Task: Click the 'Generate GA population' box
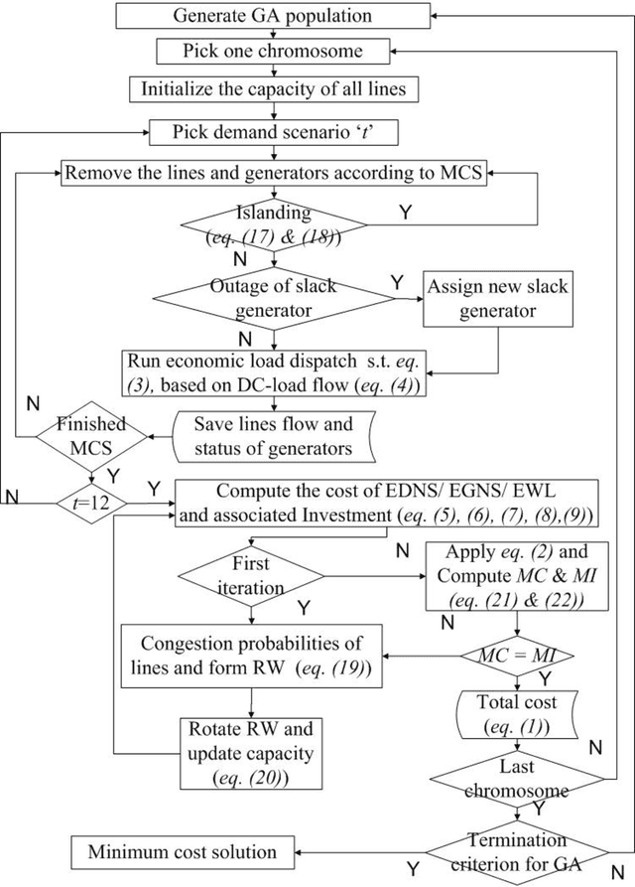[272, 16]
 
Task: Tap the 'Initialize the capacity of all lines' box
[272, 89]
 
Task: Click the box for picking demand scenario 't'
[272, 130]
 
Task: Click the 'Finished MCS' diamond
[90, 435]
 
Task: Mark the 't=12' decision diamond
[90, 502]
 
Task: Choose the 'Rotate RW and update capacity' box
[252, 750]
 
